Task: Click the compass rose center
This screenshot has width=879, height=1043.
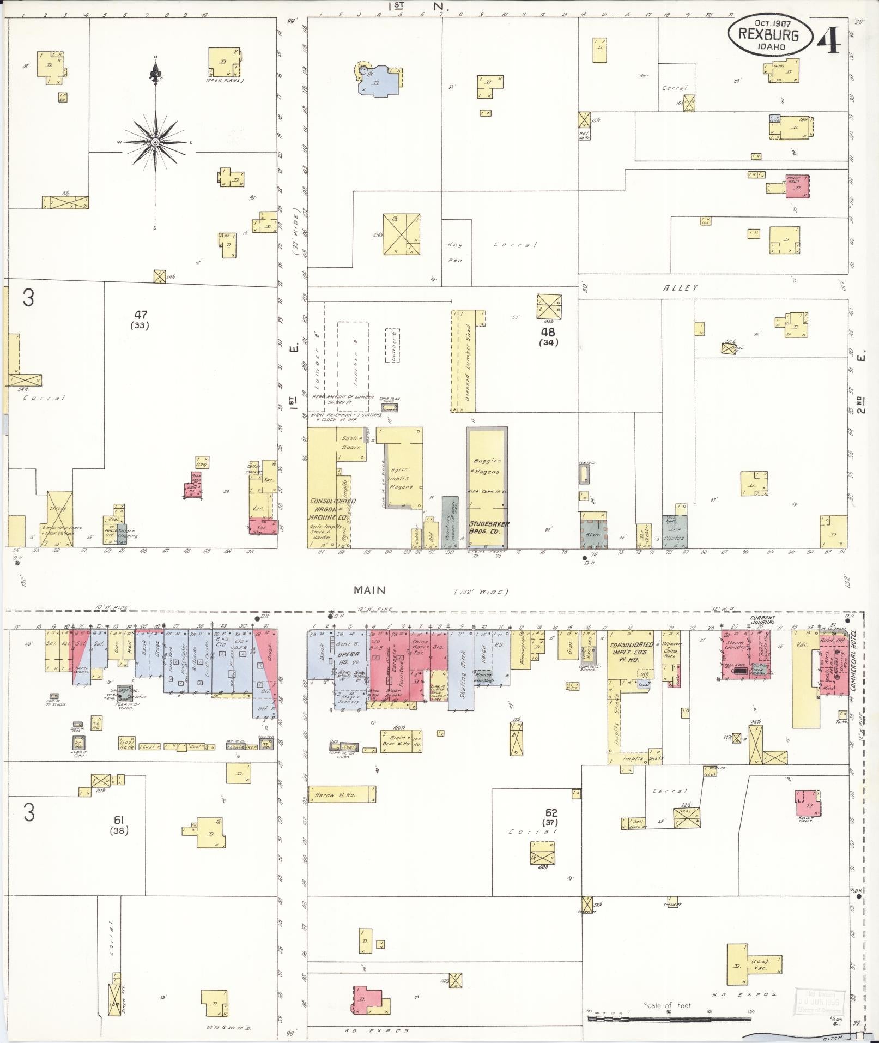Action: (x=155, y=142)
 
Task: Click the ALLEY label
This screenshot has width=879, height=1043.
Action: (x=680, y=288)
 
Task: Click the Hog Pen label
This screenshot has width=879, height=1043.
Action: (x=454, y=252)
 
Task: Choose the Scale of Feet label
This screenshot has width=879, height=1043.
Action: (x=668, y=1005)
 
